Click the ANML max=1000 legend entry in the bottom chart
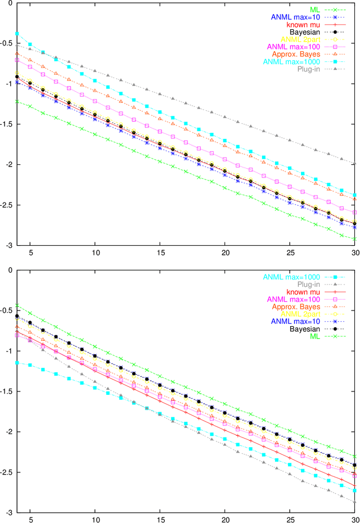pyautogui.click(x=288, y=277)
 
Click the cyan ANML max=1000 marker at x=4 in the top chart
pyautogui.click(x=17, y=34)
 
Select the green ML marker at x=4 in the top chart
pyautogui.click(x=17, y=101)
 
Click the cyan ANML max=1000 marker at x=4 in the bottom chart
pyautogui.click(x=17, y=363)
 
